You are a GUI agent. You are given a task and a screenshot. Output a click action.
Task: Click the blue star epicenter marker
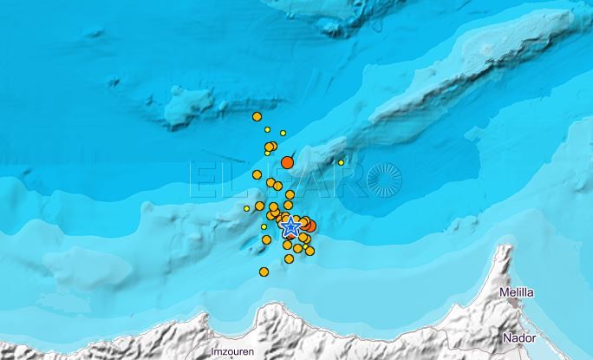[291, 226]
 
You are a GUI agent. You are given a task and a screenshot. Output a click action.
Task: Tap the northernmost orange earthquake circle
[257, 116]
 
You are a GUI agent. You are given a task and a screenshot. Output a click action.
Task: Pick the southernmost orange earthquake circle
[264, 272]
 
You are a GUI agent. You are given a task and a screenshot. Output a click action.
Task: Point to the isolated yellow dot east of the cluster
[342, 162]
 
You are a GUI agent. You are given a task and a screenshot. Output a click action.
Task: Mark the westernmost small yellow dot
[246, 208]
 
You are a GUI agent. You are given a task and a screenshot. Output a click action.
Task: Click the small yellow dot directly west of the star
[264, 226]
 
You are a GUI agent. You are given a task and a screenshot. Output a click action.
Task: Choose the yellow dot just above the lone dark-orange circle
[283, 133]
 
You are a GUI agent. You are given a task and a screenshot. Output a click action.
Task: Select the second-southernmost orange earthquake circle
[289, 259]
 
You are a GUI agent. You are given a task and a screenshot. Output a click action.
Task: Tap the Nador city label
[519, 339]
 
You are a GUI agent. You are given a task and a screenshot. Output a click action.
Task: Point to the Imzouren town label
[231, 352]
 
